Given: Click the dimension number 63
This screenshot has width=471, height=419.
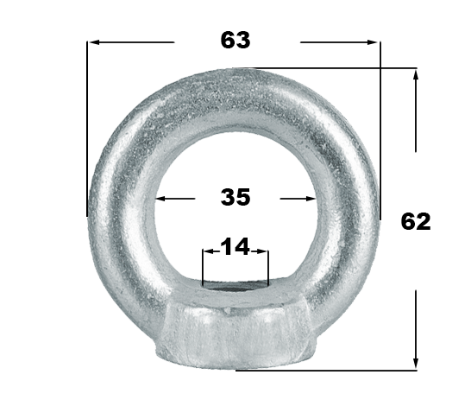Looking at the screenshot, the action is [x=235, y=40].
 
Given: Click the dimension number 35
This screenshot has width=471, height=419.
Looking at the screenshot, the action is [x=235, y=197].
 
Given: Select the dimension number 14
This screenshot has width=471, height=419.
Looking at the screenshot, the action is [x=235, y=246].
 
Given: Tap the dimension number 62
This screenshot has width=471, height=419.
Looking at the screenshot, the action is [x=416, y=221].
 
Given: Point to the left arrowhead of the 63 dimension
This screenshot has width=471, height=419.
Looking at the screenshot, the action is [x=94, y=42].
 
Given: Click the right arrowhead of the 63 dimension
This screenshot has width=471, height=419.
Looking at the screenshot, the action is [x=373, y=42].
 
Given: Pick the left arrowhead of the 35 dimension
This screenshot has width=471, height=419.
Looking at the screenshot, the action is [x=160, y=199].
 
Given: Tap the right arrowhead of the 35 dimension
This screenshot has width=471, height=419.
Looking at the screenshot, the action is [x=311, y=199].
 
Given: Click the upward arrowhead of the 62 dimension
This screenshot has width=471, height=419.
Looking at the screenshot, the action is [x=416, y=74].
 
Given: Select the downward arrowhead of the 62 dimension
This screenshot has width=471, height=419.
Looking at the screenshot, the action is [x=416, y=363].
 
